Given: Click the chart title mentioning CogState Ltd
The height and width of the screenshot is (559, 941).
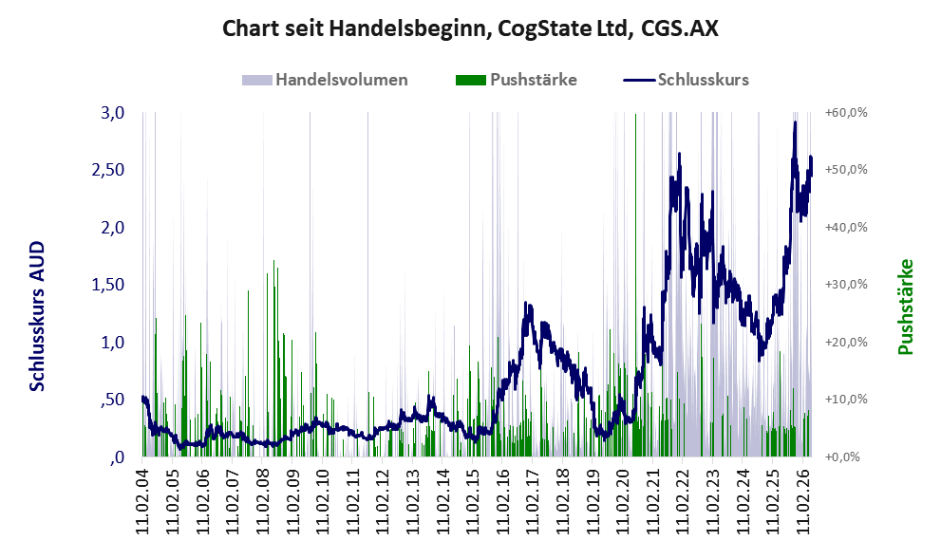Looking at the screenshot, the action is tap(470, 28).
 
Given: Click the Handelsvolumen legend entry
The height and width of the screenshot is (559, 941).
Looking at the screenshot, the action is tap(325, 80).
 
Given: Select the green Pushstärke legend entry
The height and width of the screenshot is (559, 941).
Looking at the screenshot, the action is tap(517, 80).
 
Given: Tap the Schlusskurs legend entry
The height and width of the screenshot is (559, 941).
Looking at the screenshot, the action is tap(686, 80).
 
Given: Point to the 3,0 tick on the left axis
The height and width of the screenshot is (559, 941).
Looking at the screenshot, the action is tap(112, 112).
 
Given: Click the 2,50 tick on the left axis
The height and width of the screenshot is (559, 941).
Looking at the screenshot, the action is tap(108, 170).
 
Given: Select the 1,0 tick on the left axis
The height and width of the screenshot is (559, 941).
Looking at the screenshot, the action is tap(112, 342).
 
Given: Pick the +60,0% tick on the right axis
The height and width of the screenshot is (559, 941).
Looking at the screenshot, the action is tap(846, 112).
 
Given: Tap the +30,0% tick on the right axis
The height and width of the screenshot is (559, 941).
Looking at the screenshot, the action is tap(846, 285).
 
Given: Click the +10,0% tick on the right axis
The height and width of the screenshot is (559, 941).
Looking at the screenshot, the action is tap(846, 399).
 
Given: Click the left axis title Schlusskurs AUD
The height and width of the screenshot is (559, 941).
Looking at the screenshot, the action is tap(37, 316).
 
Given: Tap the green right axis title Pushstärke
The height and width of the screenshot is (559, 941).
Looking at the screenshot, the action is tap(906, 307).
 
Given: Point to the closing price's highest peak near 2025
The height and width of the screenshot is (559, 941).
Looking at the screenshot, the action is tap(795, 122).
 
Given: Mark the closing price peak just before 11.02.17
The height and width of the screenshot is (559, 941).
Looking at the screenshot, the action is tap(526, 304).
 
